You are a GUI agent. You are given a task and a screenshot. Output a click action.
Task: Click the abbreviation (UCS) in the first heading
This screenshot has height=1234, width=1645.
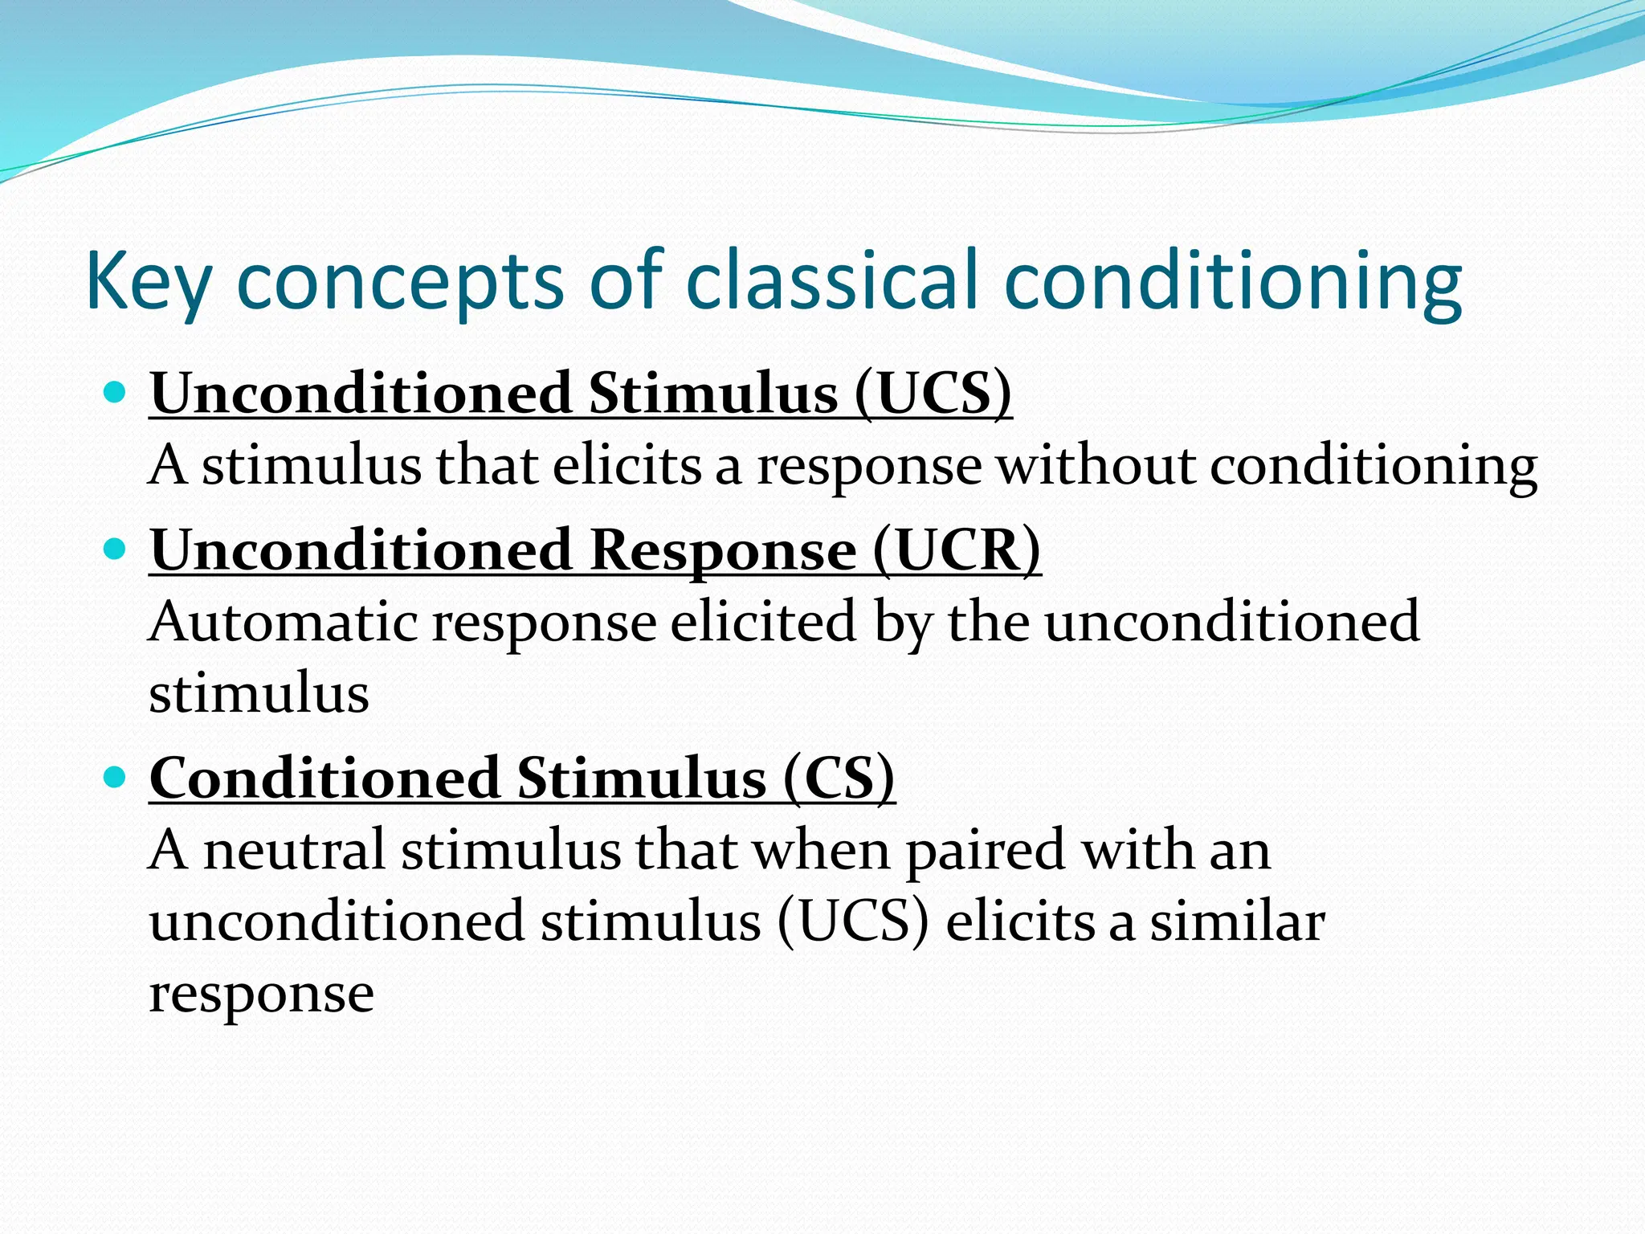point(932,394)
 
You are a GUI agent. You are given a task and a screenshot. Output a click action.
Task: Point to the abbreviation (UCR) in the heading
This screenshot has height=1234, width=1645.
point(956,550)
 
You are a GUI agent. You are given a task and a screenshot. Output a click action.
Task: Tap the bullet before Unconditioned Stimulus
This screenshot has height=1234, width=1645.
point(116,393)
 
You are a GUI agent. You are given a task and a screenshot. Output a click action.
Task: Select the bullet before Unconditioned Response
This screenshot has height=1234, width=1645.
point(116,550)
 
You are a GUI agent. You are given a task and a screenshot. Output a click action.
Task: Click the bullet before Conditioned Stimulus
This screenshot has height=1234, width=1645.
point(116,777)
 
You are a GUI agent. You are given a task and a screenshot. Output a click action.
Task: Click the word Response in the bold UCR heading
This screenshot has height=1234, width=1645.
point(723,550)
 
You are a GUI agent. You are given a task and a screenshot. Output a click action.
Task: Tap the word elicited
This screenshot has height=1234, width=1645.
point(763,622)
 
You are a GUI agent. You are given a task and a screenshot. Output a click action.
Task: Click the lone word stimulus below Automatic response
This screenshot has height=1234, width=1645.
point(259,693)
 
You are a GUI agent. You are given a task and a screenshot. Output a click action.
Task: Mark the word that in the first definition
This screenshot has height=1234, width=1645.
point(487,465)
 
